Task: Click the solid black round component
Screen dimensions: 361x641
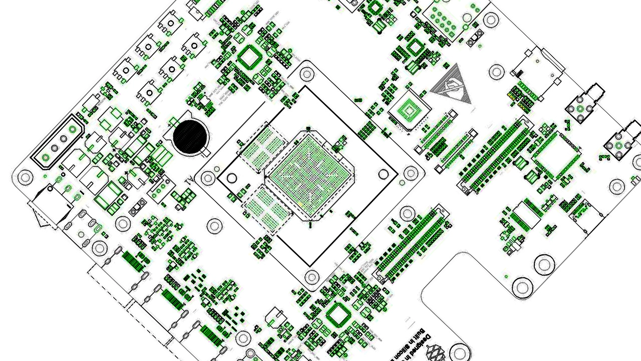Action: click(190, 136)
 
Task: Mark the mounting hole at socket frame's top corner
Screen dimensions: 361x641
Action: click(306, 73)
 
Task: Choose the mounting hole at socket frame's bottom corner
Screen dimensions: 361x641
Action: click(311, 276)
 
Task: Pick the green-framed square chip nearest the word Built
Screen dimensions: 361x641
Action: click(339, 315)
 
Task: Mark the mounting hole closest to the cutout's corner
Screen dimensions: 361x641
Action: click(522, 287)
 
